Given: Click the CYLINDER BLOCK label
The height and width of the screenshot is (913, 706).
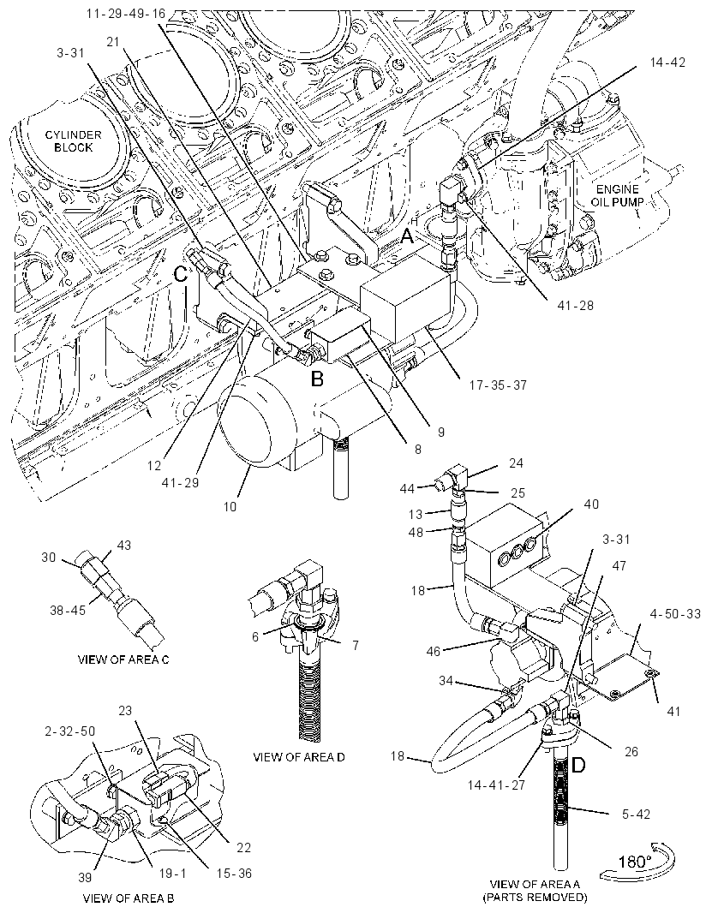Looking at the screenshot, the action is coord(74,141).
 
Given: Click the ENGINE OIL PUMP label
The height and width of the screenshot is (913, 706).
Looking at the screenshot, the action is coord(618,195).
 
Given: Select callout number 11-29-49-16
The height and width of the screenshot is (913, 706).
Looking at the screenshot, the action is coord(127,14).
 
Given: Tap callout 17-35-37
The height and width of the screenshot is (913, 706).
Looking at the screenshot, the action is coord(498,385).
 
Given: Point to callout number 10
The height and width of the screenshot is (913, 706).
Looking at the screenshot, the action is coord(230,506).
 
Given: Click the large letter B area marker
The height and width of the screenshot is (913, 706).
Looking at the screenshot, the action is coord(316,379).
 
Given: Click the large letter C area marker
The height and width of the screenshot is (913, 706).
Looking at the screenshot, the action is coord(181,274).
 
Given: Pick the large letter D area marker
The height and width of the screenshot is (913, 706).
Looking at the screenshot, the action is coord(577,765).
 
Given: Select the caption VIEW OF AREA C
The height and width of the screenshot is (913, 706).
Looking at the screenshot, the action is coord(123,659).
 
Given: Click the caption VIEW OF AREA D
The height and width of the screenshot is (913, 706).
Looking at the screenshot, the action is coord(299,757).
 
